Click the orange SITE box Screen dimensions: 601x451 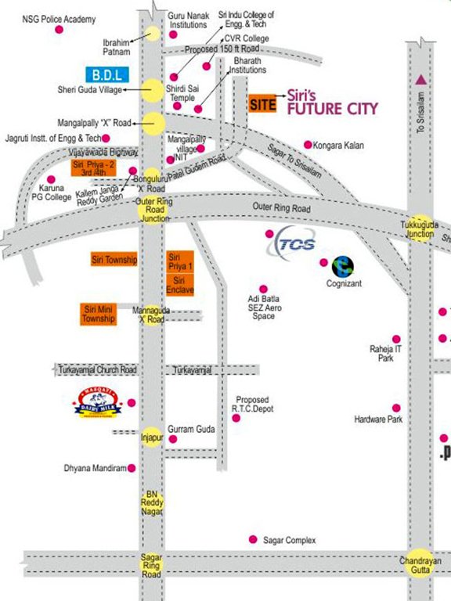pos(263,104)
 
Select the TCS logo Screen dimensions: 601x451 pos(291,242)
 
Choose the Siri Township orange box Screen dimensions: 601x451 pos(114,260)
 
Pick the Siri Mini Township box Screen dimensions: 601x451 pos(99,314)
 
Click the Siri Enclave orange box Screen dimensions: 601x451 pos(179,285)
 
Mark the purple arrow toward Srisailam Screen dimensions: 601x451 pos(421,78)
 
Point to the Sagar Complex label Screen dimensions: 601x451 pos(290,540)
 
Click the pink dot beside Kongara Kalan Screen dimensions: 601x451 pos(308,145)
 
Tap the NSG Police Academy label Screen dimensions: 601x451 pos(59,18)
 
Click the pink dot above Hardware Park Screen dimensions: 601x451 pos(396,408)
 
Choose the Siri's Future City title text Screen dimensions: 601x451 pos(332,103)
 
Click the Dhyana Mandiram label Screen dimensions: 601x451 pos(95,468)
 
